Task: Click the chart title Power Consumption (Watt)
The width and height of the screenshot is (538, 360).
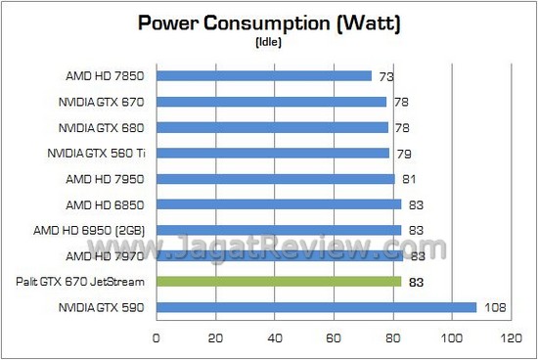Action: point(268,22)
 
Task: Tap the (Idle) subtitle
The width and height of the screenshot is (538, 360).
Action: point(268,43)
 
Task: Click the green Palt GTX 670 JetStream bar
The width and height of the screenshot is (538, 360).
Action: point(279,282)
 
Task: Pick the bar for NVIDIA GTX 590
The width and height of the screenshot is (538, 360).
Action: point(316,307)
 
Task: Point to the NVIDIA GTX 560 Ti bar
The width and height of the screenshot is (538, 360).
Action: point(273,153)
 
